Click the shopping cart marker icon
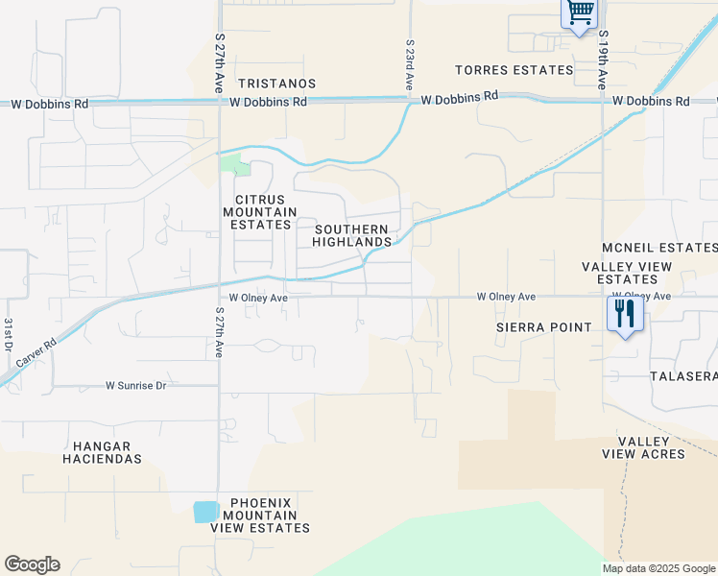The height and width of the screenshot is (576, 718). [580, 14]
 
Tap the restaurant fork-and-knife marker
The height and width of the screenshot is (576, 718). [624, 313]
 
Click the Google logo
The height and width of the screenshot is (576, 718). [32, 564]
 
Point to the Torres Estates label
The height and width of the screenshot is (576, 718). [515, 70]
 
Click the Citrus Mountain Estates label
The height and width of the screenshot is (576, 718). [256, 212]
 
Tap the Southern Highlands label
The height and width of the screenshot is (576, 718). [352, 235]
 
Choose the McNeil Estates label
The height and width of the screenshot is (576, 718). [660, 248]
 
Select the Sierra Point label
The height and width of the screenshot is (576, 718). [544, 326]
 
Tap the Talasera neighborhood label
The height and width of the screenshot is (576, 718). [683, 375]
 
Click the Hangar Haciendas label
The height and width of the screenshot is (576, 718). [102, 452]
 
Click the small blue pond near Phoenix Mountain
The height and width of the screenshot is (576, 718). [205, 512]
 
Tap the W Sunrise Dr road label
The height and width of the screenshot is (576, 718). [135, 386]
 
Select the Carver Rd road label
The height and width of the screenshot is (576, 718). [36, 353]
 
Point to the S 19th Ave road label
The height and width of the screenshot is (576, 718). [603, 60]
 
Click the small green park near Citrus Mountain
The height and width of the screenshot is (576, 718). [234, 164]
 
